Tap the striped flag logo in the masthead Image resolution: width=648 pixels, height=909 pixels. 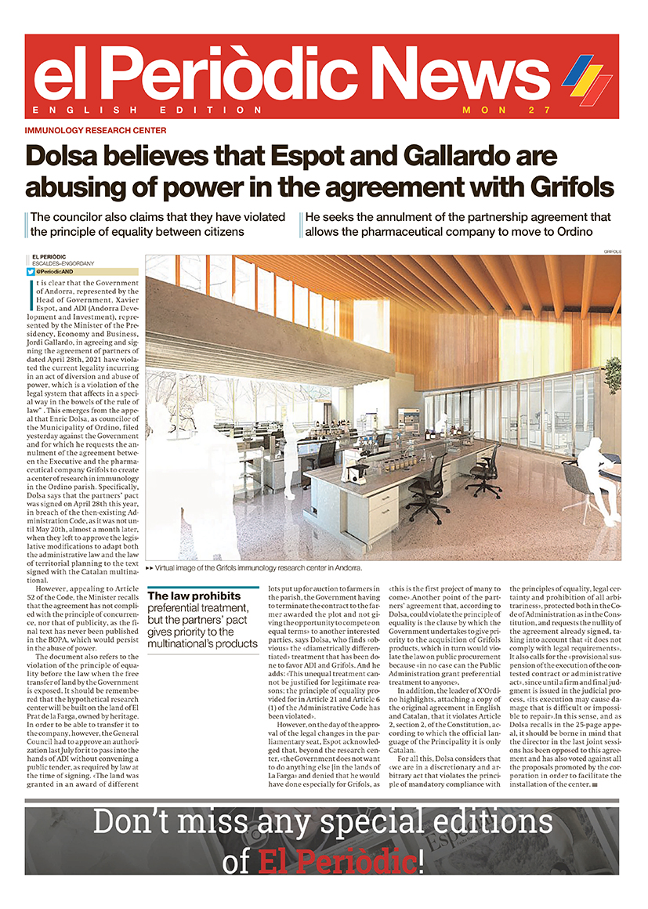pos(587,78)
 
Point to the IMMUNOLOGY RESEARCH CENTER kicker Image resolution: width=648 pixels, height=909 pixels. pos(96,131)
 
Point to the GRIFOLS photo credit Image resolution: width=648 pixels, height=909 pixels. pos(612,252)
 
